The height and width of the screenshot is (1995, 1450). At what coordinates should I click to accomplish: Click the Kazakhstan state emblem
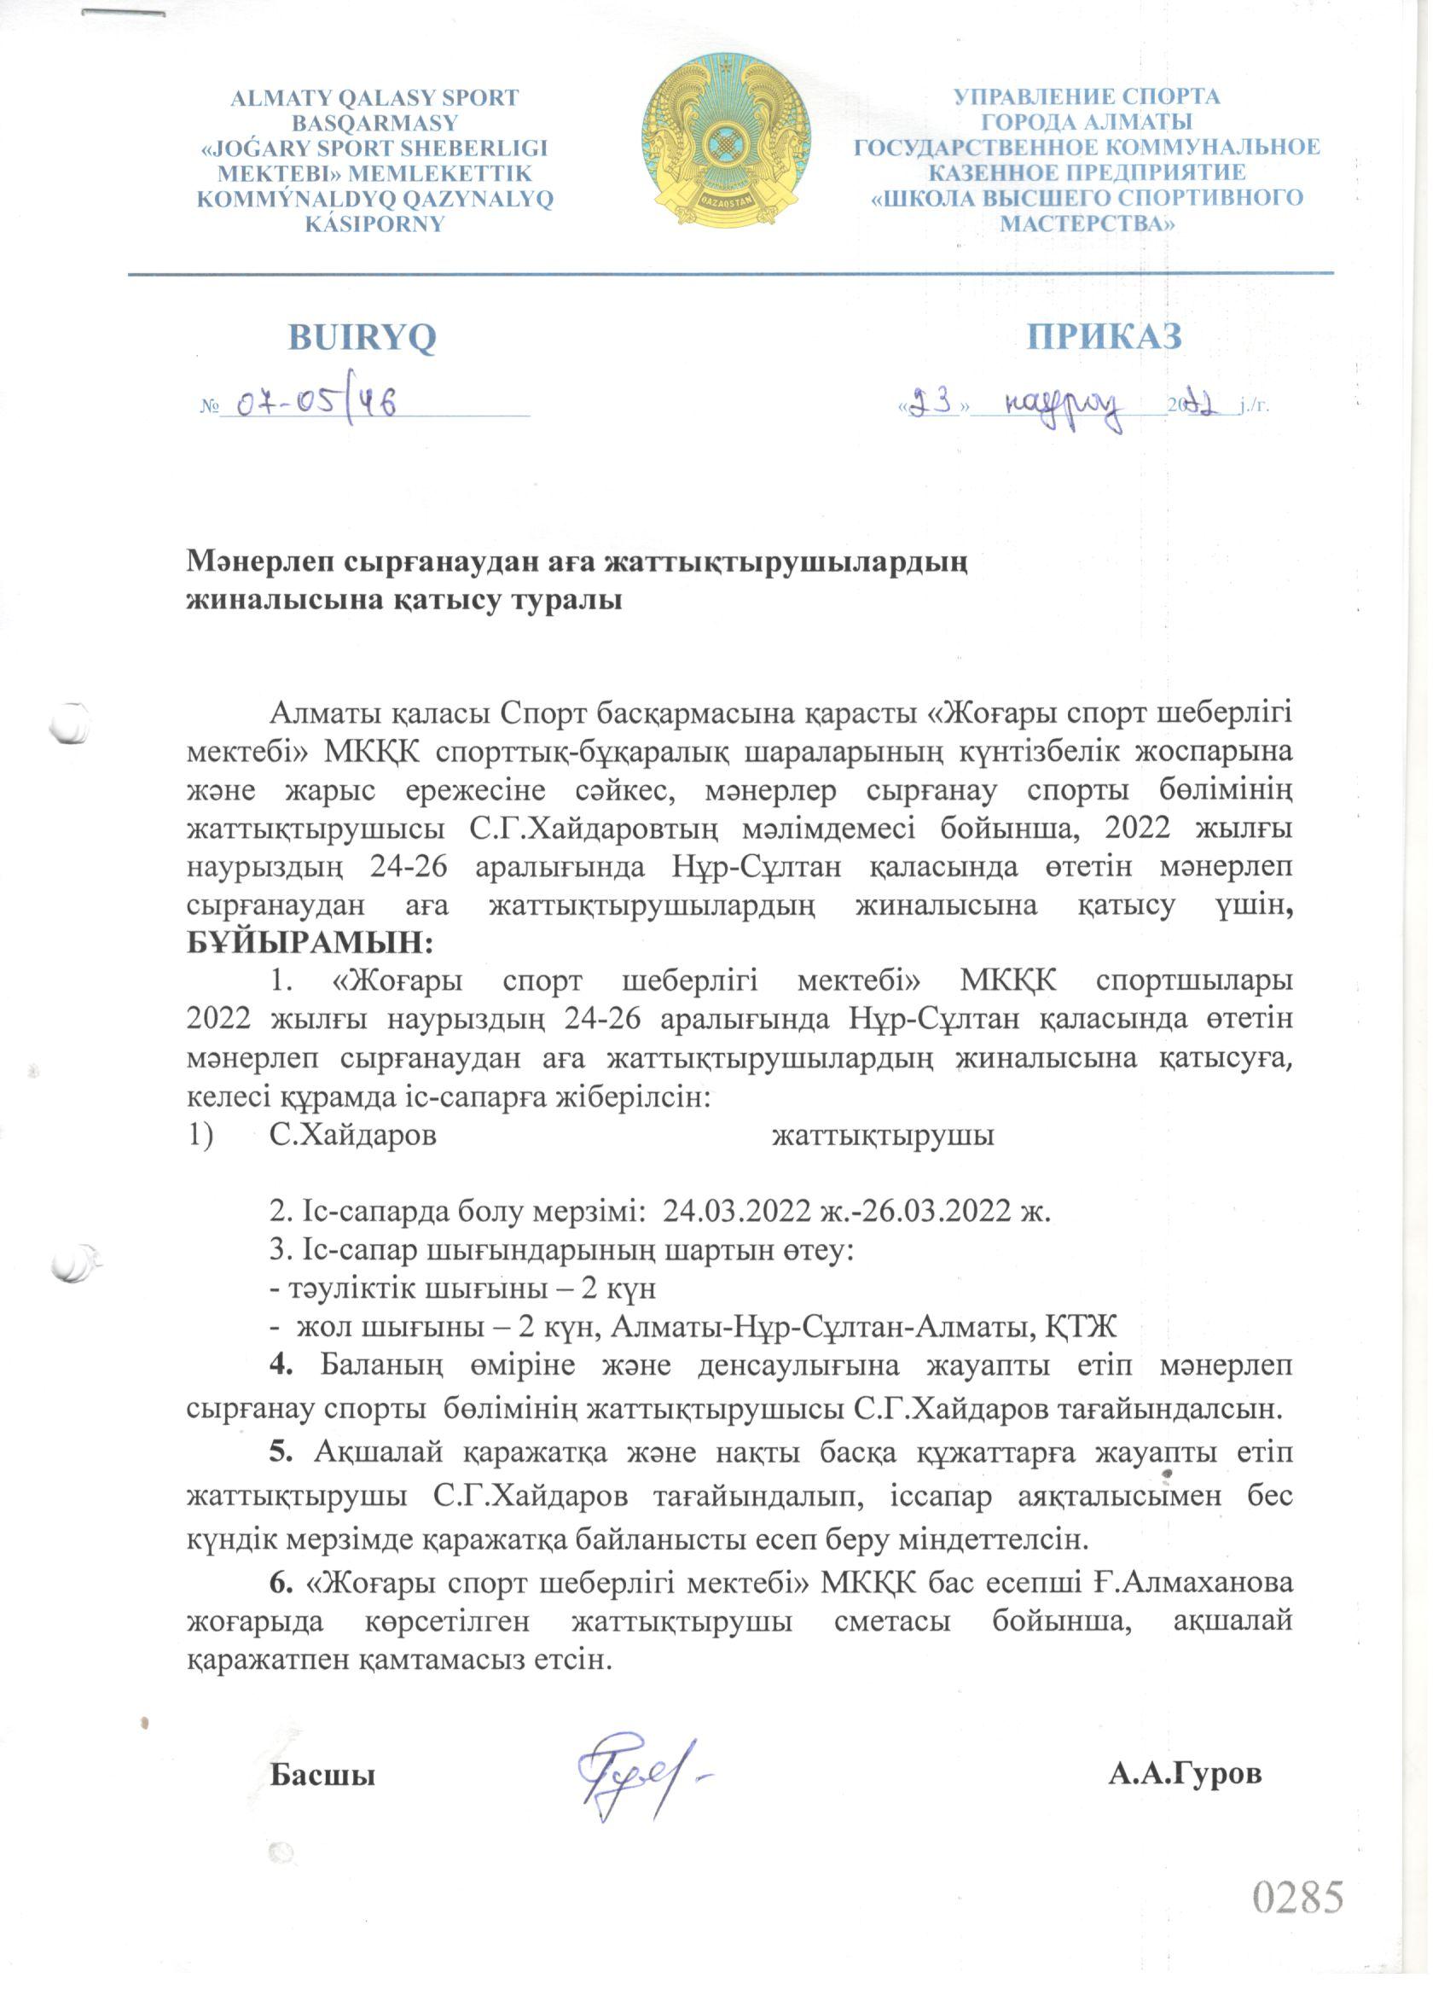[727, 139]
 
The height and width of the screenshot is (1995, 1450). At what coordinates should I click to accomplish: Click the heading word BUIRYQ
[362, 338]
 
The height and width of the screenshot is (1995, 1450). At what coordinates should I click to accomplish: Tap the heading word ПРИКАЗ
[1105, 336]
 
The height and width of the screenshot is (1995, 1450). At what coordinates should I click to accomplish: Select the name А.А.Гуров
[1185, 1748]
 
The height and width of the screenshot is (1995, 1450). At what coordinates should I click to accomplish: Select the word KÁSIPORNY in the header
[374, 224]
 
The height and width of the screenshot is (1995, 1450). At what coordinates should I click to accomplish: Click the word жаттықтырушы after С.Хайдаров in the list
[882, 1136]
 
